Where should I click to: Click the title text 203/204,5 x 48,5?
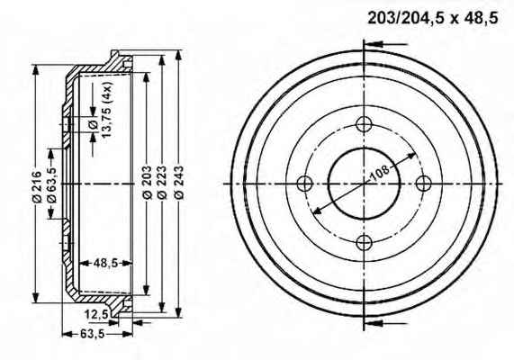pyautogui.click(x=433, y=18)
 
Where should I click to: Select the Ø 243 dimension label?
pyautogui.click(x=179, y=183)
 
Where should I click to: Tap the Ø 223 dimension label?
pyautogui.click(x=162, y=183)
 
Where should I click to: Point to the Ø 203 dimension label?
pyautogui.click(x=148, y=183)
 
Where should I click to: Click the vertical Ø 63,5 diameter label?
pyautogui.click(x=52, y=184)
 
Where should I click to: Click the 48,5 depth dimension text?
pyautogui.click(x=105, y=263)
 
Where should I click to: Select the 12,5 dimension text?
pyautogui.click(x=96, y=314)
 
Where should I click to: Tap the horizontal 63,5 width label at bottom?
pyautogui.click(x=92, y=334)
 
